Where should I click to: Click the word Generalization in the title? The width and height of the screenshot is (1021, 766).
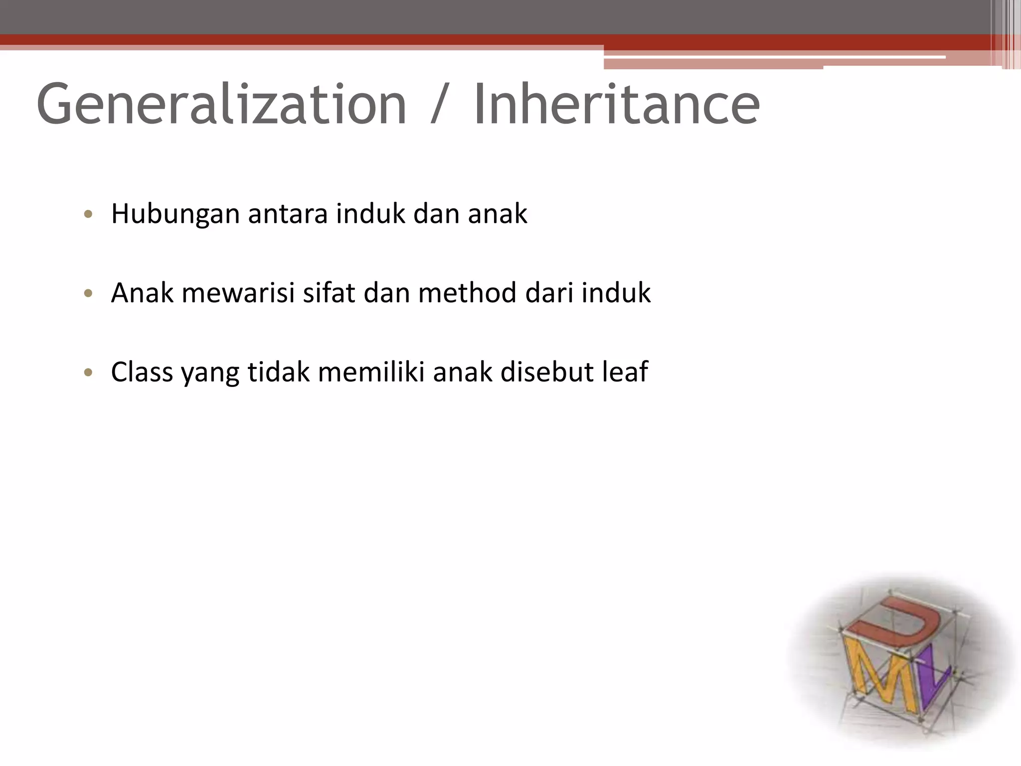(x=222, y=105)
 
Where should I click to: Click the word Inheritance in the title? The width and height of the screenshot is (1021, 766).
(x=616, y=105)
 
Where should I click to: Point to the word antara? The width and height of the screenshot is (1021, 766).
(x=288, y=214)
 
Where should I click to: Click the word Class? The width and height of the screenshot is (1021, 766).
(x=142, y=372)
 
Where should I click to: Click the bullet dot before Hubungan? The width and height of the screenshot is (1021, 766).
(x=89, y=215)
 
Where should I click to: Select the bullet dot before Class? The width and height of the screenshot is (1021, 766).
(x=89, y=373)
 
